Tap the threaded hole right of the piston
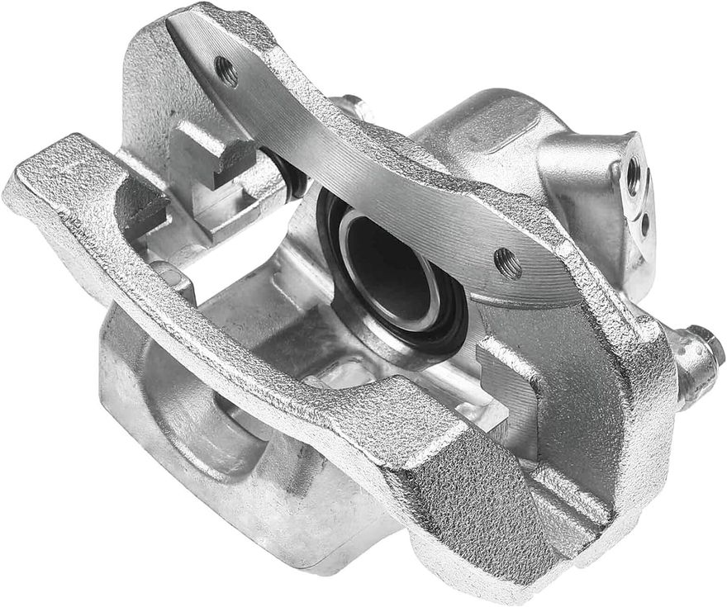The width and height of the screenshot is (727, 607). pyautogui.click(x=508, y=263)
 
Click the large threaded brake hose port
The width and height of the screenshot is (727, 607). pyautogui.click(x=634, y=176)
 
